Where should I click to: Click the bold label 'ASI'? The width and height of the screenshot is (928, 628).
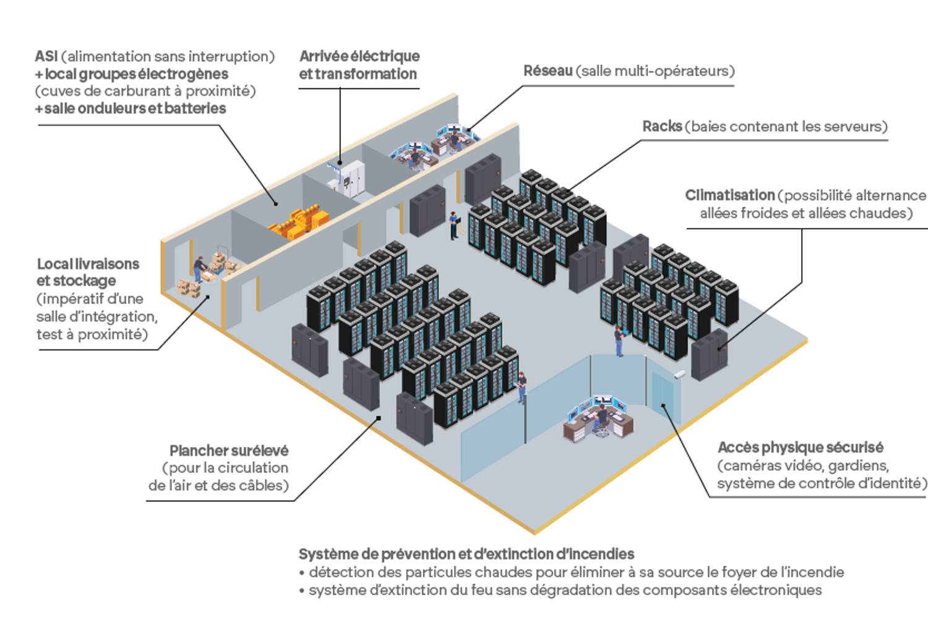(46, 56)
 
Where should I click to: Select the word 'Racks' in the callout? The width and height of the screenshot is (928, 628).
(661, 126)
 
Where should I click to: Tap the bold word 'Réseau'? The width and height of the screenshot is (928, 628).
(548, 70)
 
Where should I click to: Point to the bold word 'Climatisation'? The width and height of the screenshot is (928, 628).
(729, 195)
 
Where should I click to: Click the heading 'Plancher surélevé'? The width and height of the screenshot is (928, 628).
(229, 451)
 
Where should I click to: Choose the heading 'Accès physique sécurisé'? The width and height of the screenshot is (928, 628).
(800, 447)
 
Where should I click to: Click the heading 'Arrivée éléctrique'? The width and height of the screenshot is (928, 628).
(359, 56)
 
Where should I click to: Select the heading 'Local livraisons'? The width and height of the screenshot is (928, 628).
(88, 264)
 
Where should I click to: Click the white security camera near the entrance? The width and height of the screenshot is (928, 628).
(679, 375)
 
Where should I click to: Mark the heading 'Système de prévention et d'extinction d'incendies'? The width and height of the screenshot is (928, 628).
(466, 554)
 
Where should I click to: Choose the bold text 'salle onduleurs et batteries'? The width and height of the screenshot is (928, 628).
(135, 108)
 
